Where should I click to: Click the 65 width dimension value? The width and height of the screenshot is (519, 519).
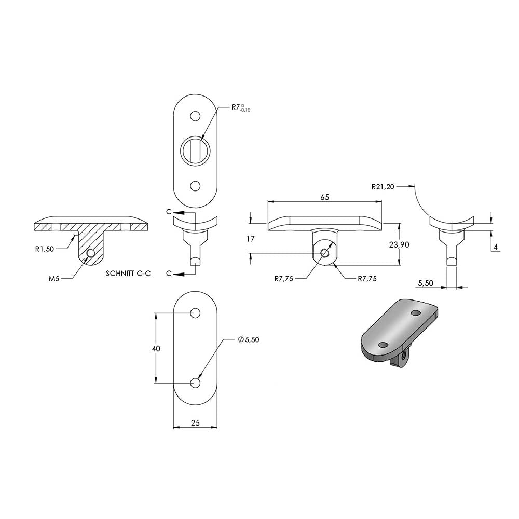pos(325,197)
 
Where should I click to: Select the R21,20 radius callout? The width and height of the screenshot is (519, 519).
pos(383,187)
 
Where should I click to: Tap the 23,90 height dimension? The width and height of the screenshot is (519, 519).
pos(399,244)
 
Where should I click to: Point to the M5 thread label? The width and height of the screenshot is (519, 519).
pos(53,279)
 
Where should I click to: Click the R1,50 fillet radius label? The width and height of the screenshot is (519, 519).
pos(44,249)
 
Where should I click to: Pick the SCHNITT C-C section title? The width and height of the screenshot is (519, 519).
pos(128,274)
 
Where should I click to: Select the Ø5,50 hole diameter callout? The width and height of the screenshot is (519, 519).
pos(248,339)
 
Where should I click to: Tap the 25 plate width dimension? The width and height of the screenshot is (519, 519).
pos(196,422)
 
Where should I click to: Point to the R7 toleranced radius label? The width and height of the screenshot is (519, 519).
pos(241,108)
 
